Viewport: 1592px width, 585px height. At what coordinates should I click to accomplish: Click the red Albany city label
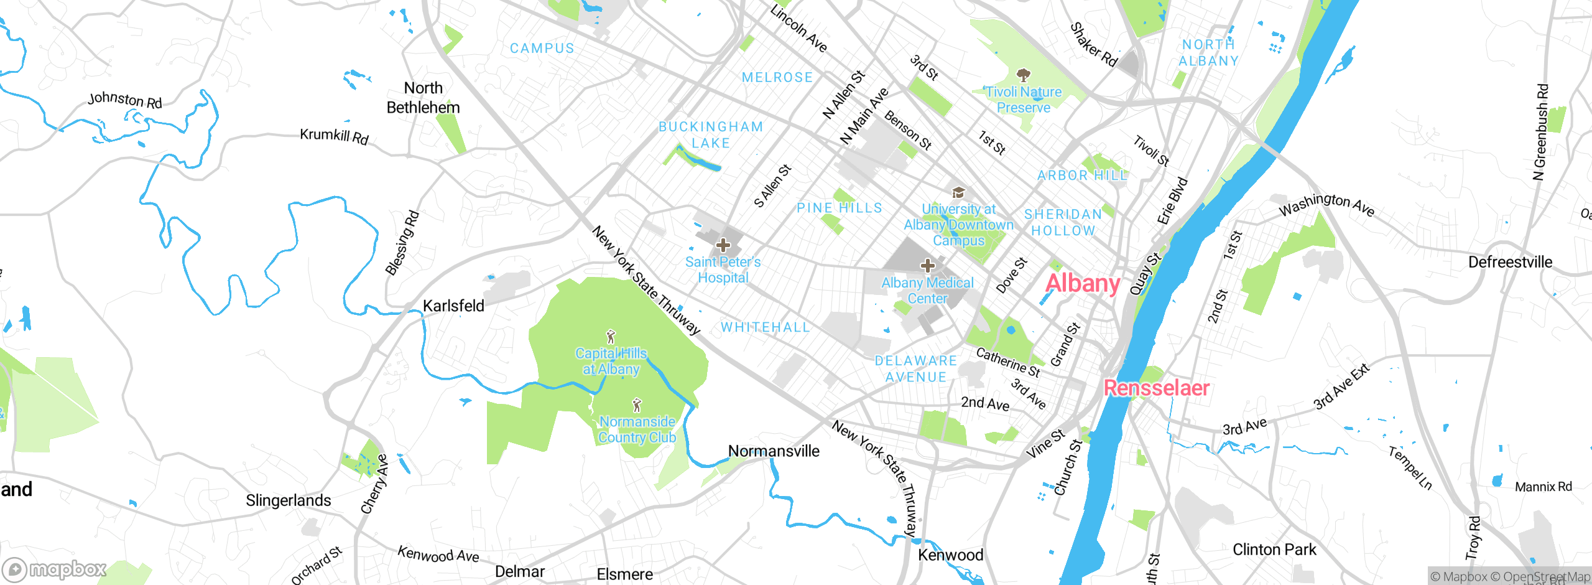pos(1083,284)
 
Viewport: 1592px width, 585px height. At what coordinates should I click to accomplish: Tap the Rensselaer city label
pos(1156,388)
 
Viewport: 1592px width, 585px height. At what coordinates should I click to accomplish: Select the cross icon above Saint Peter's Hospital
pos(723,245)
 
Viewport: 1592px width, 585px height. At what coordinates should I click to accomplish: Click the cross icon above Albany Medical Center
pos(927,266)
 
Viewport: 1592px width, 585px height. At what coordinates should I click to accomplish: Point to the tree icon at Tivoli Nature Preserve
pos(1024,76)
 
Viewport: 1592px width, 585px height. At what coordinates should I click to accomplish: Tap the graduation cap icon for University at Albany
pos(958,192)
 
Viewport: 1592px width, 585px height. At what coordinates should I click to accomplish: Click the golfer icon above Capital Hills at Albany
pos(611,337)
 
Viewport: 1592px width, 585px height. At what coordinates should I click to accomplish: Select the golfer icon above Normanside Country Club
pos(636,406)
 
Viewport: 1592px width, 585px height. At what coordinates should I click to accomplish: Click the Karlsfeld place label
pos(453,306)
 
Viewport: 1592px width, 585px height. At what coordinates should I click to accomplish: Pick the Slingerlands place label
pos(288,500)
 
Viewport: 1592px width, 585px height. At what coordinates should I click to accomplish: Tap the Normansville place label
pos(774,451)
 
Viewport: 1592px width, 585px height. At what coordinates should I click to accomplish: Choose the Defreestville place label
pos(1510,262)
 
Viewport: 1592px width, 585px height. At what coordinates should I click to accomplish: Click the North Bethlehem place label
pos(423,98)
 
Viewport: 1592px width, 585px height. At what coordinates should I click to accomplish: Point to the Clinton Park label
pos(1274,550)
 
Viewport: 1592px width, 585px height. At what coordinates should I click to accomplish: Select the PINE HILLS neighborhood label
pos(839,208)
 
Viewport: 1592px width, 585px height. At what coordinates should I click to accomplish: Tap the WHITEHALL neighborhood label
pos(765,327)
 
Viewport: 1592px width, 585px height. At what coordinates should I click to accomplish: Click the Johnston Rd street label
pos(124,100)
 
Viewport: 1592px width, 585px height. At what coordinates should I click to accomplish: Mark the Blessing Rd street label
pos(402,243)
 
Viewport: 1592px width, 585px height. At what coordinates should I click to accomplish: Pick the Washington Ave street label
pos(1326,205)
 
